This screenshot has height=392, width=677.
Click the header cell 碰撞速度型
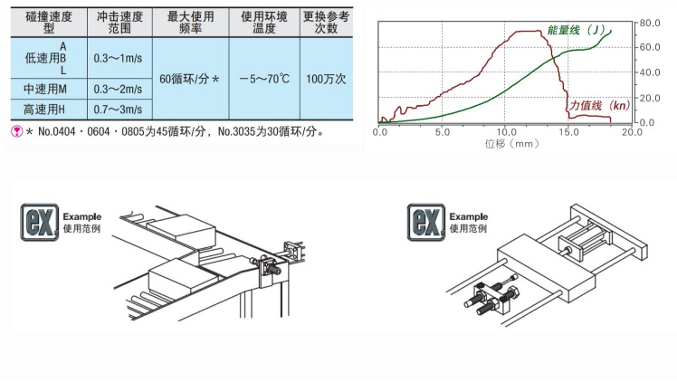click(49, 23)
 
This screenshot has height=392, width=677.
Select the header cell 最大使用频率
click(190, 23)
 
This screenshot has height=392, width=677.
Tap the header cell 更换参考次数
click(326, 23)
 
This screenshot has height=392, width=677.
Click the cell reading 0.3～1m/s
click(118, 58)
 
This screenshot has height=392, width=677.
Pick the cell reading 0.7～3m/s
click(118, 110)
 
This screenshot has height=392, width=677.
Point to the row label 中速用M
click(45, 89)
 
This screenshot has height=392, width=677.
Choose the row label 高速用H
click(44, 110)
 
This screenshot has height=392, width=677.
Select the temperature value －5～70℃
click(264, 79)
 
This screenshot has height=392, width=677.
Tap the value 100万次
click(326, 79)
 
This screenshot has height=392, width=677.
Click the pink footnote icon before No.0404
click(17, 131)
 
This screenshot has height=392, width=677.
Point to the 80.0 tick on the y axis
click(650, 23)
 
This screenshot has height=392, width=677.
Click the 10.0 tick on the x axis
click(506, 132)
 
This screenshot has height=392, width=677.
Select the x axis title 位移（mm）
click(511, 143)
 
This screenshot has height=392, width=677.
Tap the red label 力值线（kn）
click(599, 105)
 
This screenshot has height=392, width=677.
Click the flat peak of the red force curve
click(529, 31)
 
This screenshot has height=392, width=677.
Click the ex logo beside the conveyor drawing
click(39, 223)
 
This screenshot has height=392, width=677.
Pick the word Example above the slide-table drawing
click(469, 216)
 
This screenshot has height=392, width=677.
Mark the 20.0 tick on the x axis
click(632, 132)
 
